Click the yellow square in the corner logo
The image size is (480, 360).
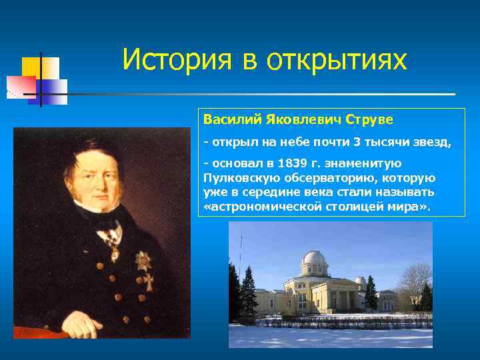tap(31, 67)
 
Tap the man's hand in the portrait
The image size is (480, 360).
tap(83, 325)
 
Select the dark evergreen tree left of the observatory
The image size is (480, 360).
tap(248, 291)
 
